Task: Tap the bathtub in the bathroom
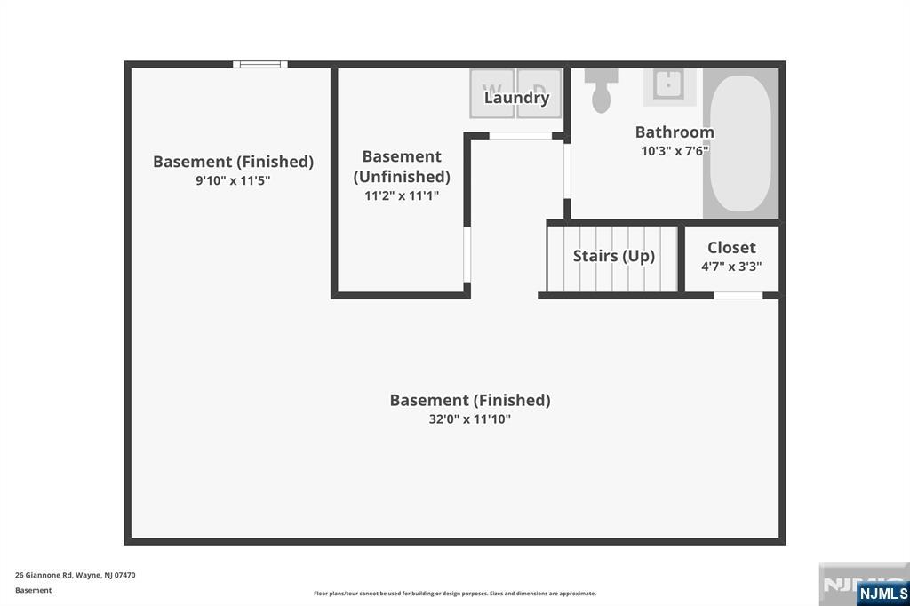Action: pyautogui.click(x=741, y=143)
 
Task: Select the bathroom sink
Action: pyautogui.click(x=668, y=84)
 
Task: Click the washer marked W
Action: pyautogui.click(x=491, y=92)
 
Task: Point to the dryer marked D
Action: pyautogui.click(x=540, y=92)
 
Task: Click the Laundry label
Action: pyautogui.click(x=516, y=98)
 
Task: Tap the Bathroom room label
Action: pyautogui.click(x=675, y=132)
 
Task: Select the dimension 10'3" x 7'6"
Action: pyautogui.click(x=675, y=151)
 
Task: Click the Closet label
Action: pyautogui.click(x=731, y=248)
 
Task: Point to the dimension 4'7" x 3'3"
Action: pyautogui.click(x=731, y=266)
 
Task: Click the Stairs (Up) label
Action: pyautogui.click(x=613, y=256)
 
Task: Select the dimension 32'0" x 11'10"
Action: pyautogui.click(x=469, y=419)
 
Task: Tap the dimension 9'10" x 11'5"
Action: pyautogui.click(x=233, y=180)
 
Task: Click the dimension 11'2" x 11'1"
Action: pyautogui.click(x=402, y=195)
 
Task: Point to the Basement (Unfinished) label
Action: pyautogui.click(x=402, y=166)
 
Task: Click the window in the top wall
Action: pyautogui.click(x=260, y=64)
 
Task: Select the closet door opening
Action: pyautogui.click(x=738, y=295)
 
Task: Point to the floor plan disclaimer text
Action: pyautogui.click(x=455, y=594)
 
